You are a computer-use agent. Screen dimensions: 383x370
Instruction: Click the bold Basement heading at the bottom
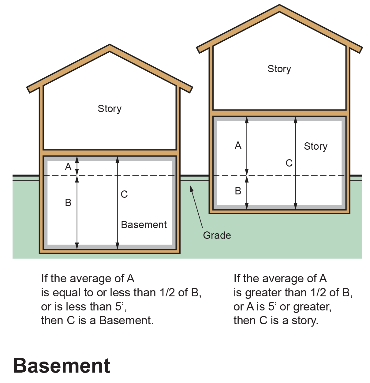[x=62, y=366]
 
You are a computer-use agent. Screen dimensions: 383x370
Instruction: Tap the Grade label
[x=217, y=235]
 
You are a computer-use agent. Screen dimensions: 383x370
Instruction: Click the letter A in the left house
[x=68, y=167]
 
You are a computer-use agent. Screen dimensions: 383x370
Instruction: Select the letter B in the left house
[x=68, y=203]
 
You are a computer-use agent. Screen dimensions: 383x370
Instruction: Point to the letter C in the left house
[x=124, y=194]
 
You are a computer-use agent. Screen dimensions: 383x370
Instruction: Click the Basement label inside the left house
[x=144, y=225]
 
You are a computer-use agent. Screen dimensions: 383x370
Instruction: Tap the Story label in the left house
[x=110, y=109]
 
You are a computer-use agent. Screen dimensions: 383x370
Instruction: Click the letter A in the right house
[x=238, y=145]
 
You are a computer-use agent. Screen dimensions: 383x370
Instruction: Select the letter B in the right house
[x=238, y=191]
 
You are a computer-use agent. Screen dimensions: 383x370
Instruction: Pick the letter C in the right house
[x=289, y=163]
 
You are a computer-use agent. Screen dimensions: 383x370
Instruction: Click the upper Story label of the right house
[x=279, y=69]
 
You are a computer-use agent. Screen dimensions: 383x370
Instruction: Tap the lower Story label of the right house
[x=316, y=146]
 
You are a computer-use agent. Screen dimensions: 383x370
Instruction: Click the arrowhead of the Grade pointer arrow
[x=191, y=187]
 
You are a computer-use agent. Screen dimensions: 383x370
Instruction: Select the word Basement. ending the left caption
[x=127, y=321]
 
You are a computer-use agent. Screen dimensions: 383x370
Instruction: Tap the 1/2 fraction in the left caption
[x=167, y=293]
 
